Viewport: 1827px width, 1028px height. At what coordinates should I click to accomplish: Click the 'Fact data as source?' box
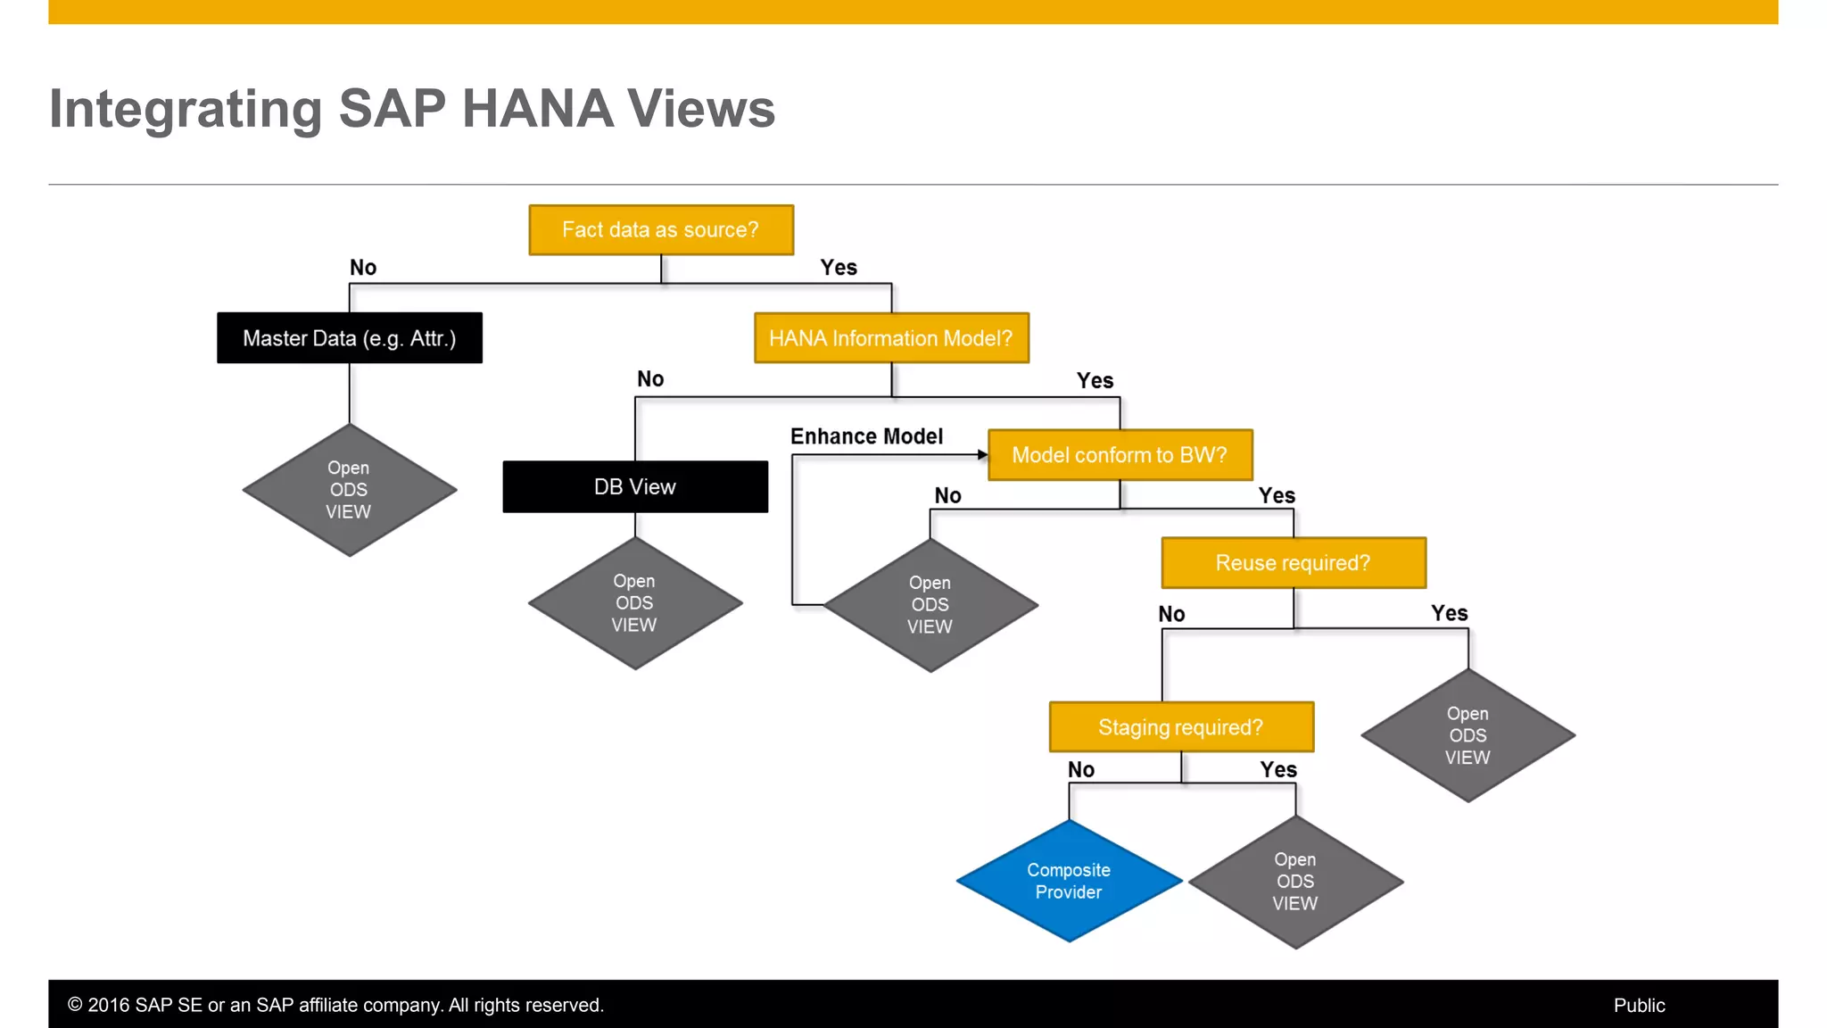click(661, 230)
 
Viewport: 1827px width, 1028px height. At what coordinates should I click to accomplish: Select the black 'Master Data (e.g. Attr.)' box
click(350, 338)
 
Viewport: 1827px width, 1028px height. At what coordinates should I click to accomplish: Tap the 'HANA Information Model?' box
click(891, 338)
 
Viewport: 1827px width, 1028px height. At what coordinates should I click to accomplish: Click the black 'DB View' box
click(635, 487)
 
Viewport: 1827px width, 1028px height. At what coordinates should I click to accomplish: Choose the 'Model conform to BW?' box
click(1120, 455)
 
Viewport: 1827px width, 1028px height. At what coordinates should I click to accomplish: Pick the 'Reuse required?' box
click(1294, 563)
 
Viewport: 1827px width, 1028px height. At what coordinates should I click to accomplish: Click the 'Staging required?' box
click(1181, 727)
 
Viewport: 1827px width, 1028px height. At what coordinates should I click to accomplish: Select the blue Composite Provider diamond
click(1069, 881)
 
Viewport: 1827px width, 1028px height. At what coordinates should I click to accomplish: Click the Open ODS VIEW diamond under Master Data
click(349, 490)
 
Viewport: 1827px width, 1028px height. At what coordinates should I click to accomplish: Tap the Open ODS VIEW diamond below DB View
click(634, 603)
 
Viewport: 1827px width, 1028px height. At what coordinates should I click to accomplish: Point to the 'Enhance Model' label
click(866, 436)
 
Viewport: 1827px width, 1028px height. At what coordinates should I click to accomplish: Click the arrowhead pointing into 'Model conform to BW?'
click(982, 455)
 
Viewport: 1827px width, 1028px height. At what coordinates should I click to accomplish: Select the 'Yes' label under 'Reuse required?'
click(1449, 613)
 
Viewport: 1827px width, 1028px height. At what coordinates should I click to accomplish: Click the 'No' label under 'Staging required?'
click(1080, 769)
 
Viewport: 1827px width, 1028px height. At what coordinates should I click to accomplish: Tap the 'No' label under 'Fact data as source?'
click(363, 268)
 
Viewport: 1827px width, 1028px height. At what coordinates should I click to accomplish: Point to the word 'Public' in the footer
click(1639, 1006)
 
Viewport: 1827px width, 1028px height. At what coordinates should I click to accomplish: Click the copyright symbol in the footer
click(75, 1006)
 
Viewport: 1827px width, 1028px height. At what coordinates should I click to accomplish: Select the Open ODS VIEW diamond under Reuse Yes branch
click(1467, 735)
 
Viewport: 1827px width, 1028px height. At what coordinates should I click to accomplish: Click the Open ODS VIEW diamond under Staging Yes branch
click(1295, 882)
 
